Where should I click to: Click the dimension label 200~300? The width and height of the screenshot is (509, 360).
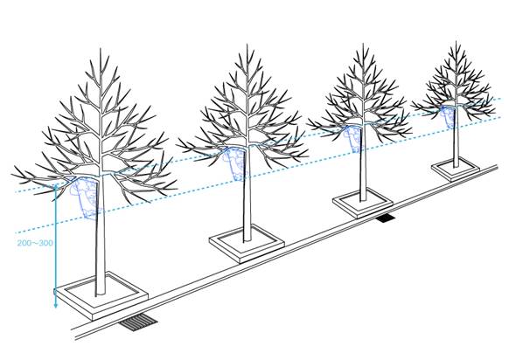[x=35, y=243]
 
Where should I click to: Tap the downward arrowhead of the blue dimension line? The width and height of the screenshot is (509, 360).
[x=55, y=305]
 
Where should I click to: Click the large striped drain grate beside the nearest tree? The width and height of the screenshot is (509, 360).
[x=138, y=322]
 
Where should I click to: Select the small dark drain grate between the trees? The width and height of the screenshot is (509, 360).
[x=386, y=218]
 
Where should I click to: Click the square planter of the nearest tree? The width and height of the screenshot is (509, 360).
[x=101, y=296]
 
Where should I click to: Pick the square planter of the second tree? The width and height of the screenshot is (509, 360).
[x=247, y=244]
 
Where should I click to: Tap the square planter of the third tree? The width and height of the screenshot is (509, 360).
[x=363, y=204]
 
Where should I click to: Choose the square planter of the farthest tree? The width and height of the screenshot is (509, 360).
[x=456, y=170]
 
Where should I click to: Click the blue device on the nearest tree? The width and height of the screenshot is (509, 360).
[x=86, y=197]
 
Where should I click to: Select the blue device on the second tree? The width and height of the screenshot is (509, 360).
[x=235, y=163]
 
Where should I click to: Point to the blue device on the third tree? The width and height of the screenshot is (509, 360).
[x=352, y=139]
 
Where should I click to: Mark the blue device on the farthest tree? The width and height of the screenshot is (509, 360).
[x=449, y=116]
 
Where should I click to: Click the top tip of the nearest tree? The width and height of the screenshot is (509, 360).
[x=101, y=49]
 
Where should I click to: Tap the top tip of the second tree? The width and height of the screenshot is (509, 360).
[x=247, y=45]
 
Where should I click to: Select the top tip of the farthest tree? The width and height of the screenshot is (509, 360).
[x=456, y=42]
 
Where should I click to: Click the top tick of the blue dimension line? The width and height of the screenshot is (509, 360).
[x=55, y=186]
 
